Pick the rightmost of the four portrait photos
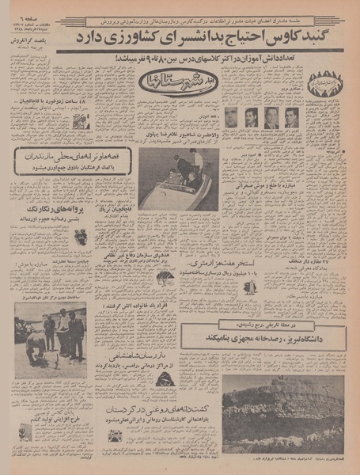(x=291, y=118)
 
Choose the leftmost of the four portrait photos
(x=231, y=118)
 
